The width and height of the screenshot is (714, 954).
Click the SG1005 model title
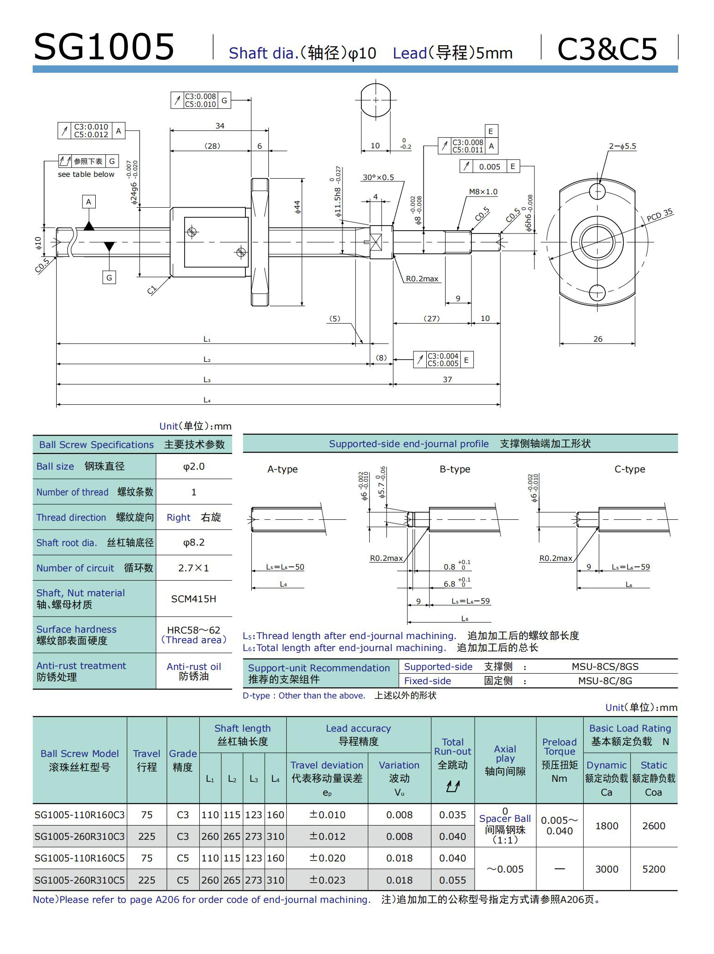click(x=104, y=47)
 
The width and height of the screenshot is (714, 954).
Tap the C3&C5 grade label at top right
click(x=607, y=49)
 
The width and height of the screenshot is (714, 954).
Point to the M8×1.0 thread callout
click(x=483, y=192)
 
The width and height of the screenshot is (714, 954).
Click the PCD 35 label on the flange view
click(x=659, y=215)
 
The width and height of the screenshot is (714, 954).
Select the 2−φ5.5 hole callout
click(x=622, y=146)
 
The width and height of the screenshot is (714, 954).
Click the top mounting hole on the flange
click(x=597, y=192)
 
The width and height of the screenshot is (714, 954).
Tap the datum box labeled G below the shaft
click(x=109, y=278)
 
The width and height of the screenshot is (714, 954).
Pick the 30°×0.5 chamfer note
click(x=378, y=177)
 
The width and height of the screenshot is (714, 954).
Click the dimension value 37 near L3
click(x=447, y=379)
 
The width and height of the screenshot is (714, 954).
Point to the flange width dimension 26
click(x=598, y=339)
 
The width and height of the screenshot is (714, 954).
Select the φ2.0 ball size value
click(x=194, y=466)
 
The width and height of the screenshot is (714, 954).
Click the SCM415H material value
click(x=193, y=599)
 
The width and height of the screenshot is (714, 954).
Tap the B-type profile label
click(x=455, y=469)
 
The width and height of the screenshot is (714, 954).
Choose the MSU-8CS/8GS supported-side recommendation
click(x=605, y=667)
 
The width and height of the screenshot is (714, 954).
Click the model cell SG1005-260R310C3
click(x=80, y=837)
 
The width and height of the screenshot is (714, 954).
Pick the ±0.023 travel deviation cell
click(x=327, y=880)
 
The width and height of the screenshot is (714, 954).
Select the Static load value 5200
click(x=653, y=869)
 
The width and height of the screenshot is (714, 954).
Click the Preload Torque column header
click(x=559, y=760)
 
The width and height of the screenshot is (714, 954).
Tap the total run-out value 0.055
click(x=453, y=880)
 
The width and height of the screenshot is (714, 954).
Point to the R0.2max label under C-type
click(x=555, y=558)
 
